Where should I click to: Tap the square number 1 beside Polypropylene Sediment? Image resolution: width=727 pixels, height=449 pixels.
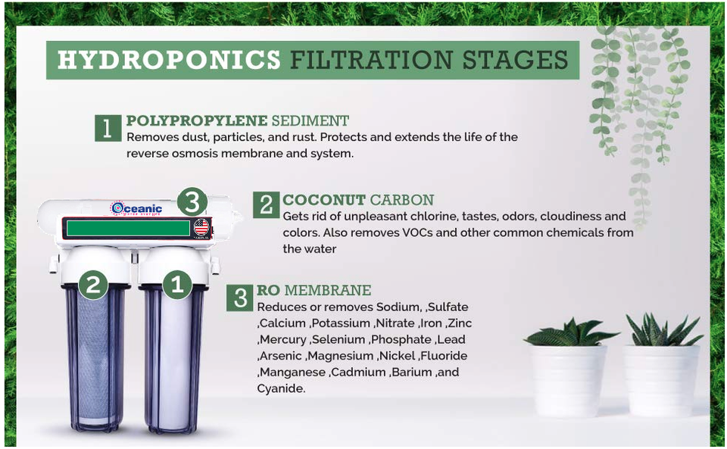[108, 128]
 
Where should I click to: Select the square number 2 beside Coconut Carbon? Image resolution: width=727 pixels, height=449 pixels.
[266, 204]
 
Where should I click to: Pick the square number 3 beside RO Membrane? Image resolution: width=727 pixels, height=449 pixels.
[240, 297]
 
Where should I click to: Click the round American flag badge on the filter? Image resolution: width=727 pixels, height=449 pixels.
[201, 227]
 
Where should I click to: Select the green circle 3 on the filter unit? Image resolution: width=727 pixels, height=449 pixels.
[192, 202]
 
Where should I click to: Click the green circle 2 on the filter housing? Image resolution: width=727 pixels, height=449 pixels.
[93, 285]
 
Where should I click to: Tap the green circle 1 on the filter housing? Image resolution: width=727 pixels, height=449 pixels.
[177, 285]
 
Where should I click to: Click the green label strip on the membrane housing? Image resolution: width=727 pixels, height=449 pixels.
[127, 228]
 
